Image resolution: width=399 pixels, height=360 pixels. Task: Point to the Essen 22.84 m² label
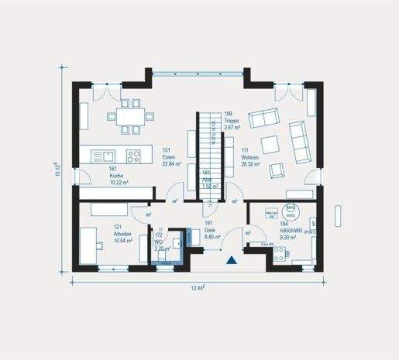tap(171, 158)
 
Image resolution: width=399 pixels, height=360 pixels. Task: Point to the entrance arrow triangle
tap(230, 262)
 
